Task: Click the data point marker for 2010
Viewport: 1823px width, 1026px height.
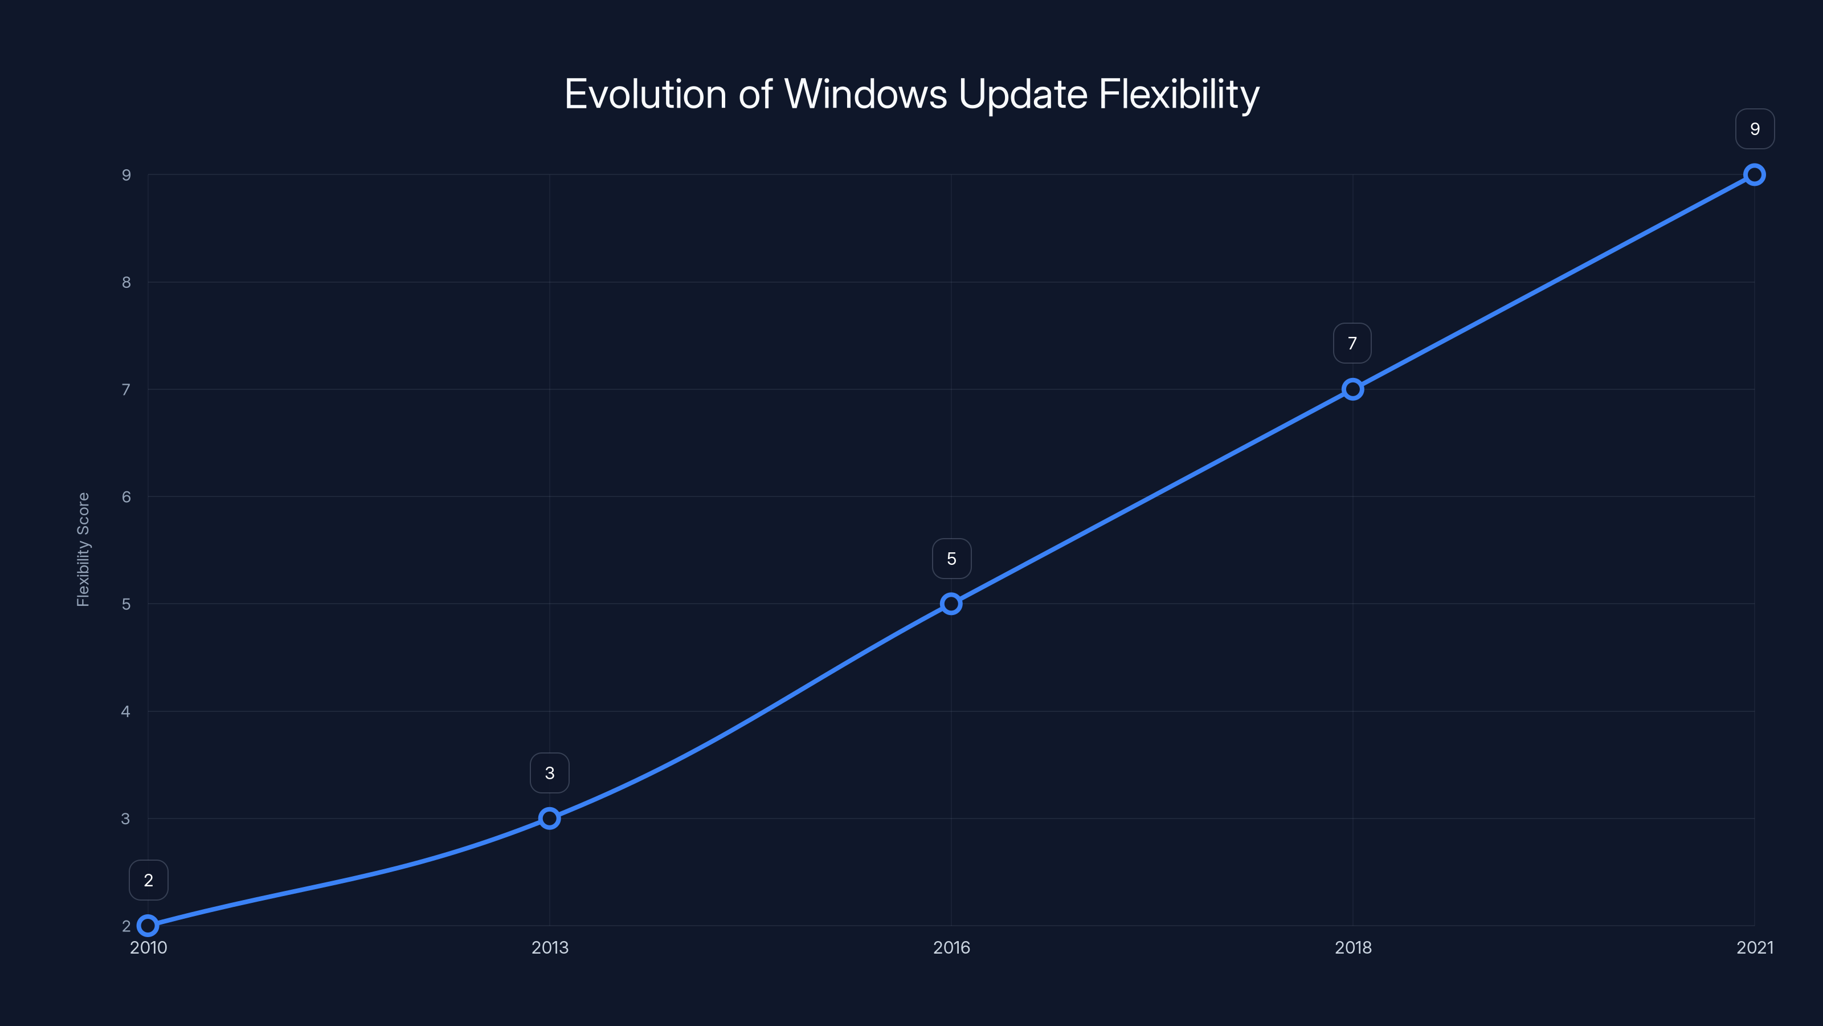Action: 148,926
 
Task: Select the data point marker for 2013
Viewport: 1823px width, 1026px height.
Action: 549,819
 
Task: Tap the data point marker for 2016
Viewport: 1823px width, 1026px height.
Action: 951,604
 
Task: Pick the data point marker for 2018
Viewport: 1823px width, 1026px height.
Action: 1352,389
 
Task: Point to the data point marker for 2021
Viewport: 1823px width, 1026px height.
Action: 1755,175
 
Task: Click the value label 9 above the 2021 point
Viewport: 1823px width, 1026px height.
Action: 1755,129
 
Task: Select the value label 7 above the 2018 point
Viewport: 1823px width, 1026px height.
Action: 1352,343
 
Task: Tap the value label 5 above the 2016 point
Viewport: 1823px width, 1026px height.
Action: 951,559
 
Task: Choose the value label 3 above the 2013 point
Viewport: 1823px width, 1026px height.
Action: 549,773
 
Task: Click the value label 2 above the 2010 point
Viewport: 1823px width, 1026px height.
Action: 148,880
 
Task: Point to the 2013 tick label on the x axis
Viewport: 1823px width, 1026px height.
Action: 549,947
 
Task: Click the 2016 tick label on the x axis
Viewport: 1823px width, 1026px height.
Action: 951,947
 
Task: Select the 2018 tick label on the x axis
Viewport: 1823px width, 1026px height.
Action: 1352,947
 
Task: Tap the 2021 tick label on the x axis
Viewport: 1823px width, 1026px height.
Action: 1755,947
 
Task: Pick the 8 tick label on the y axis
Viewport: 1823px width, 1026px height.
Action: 126,283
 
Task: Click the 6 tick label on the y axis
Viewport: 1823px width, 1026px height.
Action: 126,497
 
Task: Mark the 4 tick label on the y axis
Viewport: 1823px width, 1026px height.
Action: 126,711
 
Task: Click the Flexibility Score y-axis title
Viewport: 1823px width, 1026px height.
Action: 83,549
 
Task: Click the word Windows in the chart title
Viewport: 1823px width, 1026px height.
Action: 865,94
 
